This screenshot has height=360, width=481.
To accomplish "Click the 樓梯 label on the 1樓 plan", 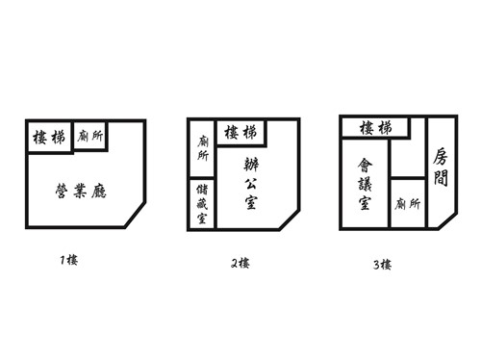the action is pyautogui.click(x=49, y=138).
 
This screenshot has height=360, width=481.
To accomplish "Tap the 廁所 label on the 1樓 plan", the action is pyautogui.click(x=90, y=136).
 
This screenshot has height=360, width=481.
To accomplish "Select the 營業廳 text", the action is pyautogui.click(x=81, y=191).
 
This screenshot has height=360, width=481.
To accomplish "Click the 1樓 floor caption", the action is pyautogui.click(x=69, y=260).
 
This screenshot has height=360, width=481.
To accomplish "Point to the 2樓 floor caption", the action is pyautogui.click(x=240, y=264).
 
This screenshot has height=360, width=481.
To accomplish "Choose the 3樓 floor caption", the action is pyautogui.click(x=382, y=265).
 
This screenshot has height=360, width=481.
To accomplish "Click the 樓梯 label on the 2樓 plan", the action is pyautogui.click(x=240, y=132).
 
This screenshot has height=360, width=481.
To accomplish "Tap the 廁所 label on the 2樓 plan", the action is pyautogui.click(x=203, y=148).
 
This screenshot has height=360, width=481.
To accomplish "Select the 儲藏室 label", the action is pyautogui.click(x=202, y=204).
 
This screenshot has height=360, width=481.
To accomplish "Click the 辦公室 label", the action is pyautogui.click(x=251, y=184).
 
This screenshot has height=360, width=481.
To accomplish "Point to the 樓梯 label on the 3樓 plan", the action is pyautogui.click(x=375, y=128).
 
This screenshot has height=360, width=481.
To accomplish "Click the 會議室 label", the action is pyautogui.click(x=365, y=184).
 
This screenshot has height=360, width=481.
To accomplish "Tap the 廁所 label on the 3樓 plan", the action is pyautogui.click(x=407, y=204).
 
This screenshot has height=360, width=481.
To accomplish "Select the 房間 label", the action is pyautogui.click(x=441, y=167).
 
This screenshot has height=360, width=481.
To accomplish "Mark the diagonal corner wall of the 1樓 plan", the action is pyautogui.click(x=135, y=215).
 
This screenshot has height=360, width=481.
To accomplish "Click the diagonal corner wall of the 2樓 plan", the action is pyautogui.click(x=290, y=220).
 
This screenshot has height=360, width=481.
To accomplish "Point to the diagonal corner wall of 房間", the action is pyautogui.click(x=447, y=221).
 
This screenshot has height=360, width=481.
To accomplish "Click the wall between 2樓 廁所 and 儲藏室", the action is pyautogui.click(x=202, y=178).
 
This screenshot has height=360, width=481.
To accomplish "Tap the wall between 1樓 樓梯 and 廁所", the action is pyautogui.click(x=72, y=136).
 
